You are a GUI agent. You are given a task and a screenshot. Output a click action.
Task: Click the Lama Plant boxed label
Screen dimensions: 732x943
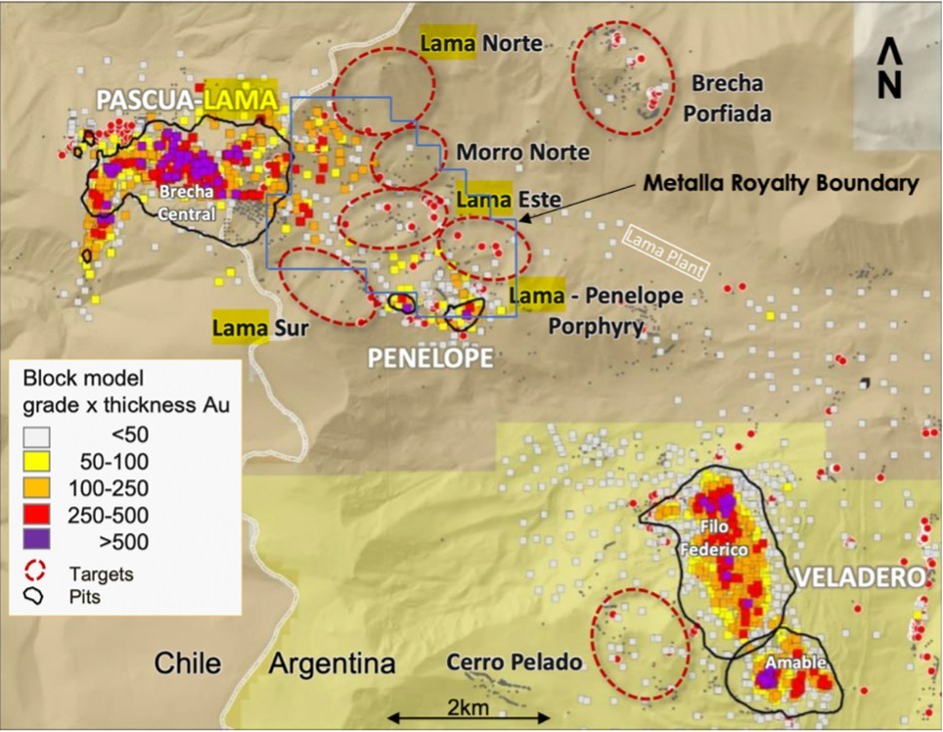665,252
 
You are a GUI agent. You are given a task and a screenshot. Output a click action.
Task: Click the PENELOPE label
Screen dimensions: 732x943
430,357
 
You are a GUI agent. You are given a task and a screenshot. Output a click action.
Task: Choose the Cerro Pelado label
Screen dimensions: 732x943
514,661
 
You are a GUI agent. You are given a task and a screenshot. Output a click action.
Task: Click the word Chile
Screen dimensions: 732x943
193,663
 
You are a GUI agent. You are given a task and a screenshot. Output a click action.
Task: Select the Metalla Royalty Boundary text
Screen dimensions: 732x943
779,184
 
